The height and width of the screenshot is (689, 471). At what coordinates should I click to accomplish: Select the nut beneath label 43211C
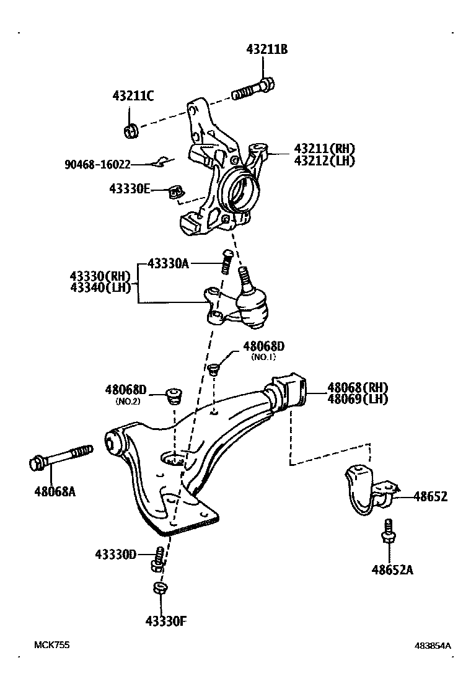[x=131, y=131]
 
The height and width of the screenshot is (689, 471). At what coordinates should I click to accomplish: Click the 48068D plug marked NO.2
[x=174, y=394]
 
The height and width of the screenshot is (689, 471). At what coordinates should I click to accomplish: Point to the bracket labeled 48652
[x=366, y=491]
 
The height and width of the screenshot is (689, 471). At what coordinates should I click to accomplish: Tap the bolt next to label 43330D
[x=158, y=558]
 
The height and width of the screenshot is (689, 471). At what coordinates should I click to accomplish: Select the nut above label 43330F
[x=159, y=589]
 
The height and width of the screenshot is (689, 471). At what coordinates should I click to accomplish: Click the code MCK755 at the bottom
[x=51, y=644]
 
